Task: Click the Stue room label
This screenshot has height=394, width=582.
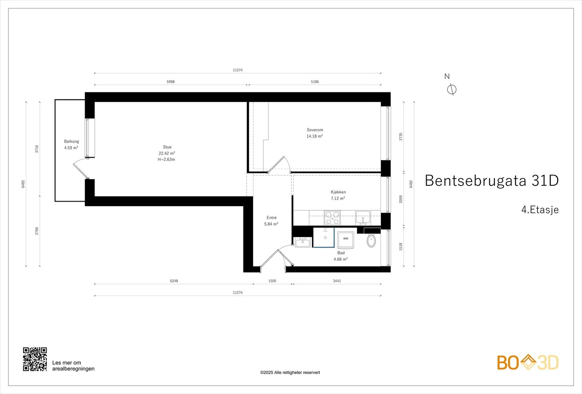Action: click(x=167, y=147)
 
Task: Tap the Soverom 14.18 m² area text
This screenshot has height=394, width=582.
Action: click(x=315, y=136)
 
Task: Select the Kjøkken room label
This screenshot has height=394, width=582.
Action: click(x=338, y=192)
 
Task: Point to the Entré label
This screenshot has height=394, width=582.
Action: click(x=271, y=218)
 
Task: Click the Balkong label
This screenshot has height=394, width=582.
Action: click(x=71, y=142)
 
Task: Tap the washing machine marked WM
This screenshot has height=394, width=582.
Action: click(x=345, y=239)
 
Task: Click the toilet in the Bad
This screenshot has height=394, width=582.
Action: click(x=371, y=240)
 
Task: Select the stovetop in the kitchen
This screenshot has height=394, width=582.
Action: click(x=332, y=218)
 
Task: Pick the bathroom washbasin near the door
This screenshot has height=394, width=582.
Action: click(x=303, y=242)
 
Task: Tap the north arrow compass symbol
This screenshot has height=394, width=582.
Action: click(x=451, y=89)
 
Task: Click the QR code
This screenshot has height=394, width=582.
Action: click(x=35, y=359)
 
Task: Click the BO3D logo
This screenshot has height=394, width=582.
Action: click(x=527, y=362)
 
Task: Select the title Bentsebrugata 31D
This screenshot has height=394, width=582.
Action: click(x=491, y=180)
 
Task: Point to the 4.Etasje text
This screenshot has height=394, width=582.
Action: click(x=540, y=210)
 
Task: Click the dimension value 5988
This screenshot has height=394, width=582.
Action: click(x=171, y=82)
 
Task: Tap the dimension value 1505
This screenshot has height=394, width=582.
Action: click(x=272, y=281)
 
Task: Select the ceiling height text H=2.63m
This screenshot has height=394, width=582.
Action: click(x=166, y=159)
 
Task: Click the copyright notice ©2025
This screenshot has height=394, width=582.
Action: click(x=290, y=373)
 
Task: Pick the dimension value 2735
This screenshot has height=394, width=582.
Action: click(x=401, y=137)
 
